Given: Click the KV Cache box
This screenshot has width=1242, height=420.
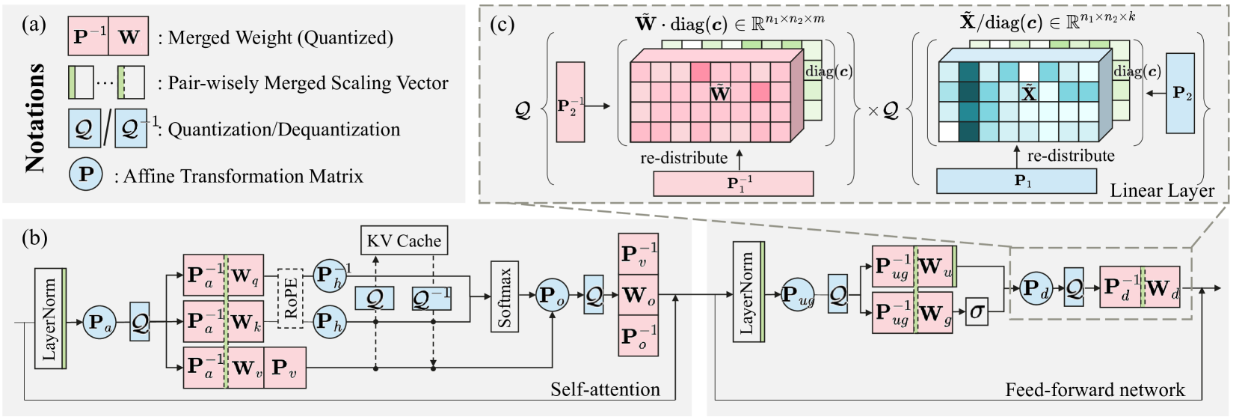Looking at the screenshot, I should [404, 241].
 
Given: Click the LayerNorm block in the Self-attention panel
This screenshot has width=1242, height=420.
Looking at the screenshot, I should [50, 318].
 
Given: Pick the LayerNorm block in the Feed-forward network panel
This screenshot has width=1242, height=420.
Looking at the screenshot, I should [748, 292].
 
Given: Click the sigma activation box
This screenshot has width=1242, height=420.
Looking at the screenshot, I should [977, 311].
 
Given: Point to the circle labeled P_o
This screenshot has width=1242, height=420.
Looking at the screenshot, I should [553, 296].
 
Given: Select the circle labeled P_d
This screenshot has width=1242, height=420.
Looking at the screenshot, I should [1036, 288].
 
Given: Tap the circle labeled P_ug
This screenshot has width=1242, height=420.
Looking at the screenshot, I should [798, 296].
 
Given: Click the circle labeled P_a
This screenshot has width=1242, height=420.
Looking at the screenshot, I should [99, 323].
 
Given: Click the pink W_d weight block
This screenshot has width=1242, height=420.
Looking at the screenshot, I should [1161, 287].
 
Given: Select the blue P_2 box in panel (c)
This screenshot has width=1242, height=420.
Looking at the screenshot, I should [1180, 94].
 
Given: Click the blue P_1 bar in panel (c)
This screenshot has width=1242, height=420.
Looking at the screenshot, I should [1016, 181].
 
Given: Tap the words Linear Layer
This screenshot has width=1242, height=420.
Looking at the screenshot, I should [1162, 191].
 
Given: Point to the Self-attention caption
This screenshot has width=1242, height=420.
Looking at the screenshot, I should [605, 389].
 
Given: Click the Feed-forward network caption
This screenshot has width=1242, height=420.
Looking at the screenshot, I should [1095, 389].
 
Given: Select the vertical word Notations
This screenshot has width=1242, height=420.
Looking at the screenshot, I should [34, 118].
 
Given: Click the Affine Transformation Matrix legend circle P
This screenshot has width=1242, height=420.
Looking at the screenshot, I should [86, 175].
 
